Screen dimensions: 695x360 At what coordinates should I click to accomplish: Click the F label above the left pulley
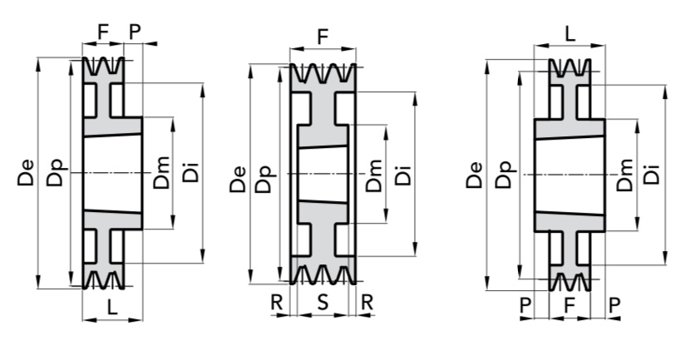coord(103,32)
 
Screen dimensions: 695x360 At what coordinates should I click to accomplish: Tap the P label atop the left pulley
coord(135,32)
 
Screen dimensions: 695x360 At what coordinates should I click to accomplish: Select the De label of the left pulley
coord(26,172)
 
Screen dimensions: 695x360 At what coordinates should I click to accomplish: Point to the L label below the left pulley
coord(112,307)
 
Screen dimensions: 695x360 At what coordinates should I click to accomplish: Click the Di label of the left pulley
coord(191,173)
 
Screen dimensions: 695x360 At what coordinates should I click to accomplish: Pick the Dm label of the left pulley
coord(161,173)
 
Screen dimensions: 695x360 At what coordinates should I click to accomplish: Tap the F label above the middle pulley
coord(323,37)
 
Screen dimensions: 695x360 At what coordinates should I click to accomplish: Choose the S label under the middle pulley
coord(323,302)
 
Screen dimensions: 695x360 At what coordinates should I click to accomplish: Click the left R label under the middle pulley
coord(277,302)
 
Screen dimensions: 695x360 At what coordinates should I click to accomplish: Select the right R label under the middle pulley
coord(367,302)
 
